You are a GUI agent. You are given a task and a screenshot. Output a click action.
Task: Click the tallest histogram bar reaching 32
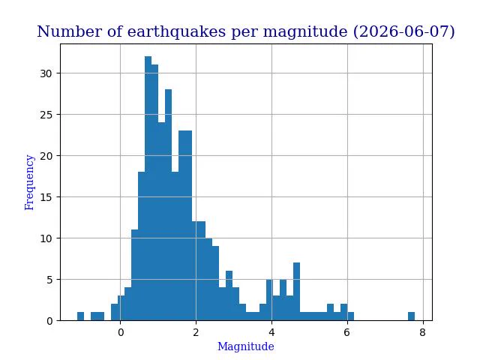click(x=148, y=188)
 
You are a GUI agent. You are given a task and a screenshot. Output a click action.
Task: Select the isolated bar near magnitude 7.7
click(x=412, y=316)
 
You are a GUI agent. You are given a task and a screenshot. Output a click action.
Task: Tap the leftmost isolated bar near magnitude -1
click(x=80, y=316)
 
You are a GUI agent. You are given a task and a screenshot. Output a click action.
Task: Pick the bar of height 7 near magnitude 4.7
click(x=297, y=292)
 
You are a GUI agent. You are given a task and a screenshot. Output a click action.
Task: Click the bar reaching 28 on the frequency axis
click(x=168, y=205)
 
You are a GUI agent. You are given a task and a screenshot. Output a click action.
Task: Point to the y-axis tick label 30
click(x=46, y=73)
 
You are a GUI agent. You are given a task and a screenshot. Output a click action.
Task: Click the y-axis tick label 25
click(x=46, y=115)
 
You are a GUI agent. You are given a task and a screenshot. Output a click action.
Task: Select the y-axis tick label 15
click(x=46, y=197)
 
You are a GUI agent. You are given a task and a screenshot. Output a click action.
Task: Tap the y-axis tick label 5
click(x=49, y=280)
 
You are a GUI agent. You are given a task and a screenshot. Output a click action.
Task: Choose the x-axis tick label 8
click(x=423, y=332)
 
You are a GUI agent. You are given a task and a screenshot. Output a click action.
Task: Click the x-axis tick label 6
click(x=346, y=332)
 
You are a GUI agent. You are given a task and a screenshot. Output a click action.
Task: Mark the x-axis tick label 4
click(x=271, y=332)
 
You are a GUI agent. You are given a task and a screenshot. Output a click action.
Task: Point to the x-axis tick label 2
click(x=196, y=332)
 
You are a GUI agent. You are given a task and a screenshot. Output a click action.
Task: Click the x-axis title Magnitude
click(x=246, y=346)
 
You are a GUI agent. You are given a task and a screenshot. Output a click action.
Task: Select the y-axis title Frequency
click(x=29, y=182)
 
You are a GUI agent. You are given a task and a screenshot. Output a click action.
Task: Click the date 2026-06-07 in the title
click(x=403, y=31)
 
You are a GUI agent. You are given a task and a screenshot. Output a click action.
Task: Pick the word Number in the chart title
click(x=70, y=31)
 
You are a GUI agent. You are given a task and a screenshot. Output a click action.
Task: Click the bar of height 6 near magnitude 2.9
click(x=229, y=295)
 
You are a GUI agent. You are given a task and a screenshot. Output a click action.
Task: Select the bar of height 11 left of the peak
click(x=135, y=275)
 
